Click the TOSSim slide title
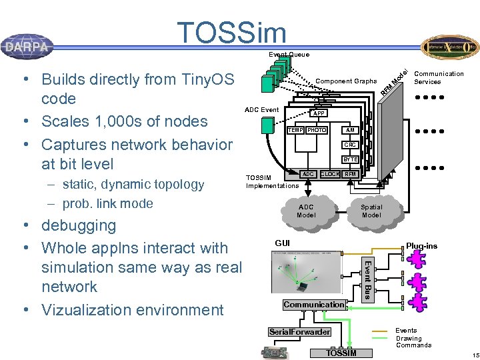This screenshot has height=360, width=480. click(x=231, y=33)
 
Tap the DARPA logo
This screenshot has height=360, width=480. click(x=27, y=47)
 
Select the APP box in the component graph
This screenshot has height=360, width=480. click(x=319, y=113)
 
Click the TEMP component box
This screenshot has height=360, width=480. click(x=295, y=130)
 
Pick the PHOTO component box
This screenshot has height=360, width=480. click(x=317, y=130)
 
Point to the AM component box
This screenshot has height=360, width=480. click(x=350, y=130)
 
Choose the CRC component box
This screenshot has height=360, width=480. click(x=350, y=145)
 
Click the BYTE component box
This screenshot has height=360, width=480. click(x=350, y=159)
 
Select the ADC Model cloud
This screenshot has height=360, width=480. click(x=306, y=211)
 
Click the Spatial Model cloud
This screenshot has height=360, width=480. click(x=371, y=211)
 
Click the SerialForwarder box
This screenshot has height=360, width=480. click(x=299, y=331)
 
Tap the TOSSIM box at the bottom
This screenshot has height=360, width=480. click(x=341, y=353)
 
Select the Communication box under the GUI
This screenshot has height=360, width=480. click(x=314, y=305)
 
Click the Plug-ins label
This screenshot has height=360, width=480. click(x=421, y=246)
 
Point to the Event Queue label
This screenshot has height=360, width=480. click(x=289, y=54)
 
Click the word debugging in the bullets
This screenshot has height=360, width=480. click(x=79, y=225)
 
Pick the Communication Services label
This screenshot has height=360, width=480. click(x=439, y=77)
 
